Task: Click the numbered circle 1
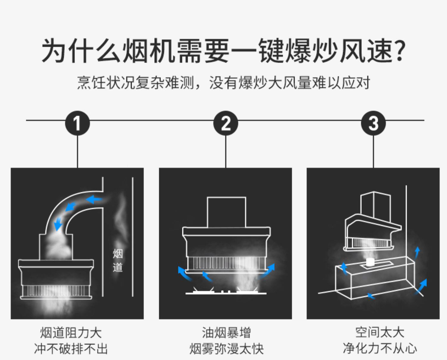pyautogui.click(x=77, y=123)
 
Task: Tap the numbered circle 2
pyautogui.click(x=226, y=123)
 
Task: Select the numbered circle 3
pyautogui.click(x=373, y=123)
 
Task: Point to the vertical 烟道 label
pyautogui.click(x=118, y=260)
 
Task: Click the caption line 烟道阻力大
pyautogui.click(x=71, y=333)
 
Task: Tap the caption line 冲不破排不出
pyautogui.click(x=71, y=349)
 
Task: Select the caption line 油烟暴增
pyautogui.click(x=226, y=333)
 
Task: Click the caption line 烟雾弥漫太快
pyautogui.click(x=226, y=349)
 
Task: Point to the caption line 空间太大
pyautogui.click(x=379, y=332)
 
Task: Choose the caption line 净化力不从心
pyautogui.click(x=379, y=348)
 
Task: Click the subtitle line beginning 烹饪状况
pyautogui.click(x=223, y=83)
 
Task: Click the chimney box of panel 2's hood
pyautogui.click(x=226, y=212)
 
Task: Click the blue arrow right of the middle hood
pyautogui.click(x=268, y=270)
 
